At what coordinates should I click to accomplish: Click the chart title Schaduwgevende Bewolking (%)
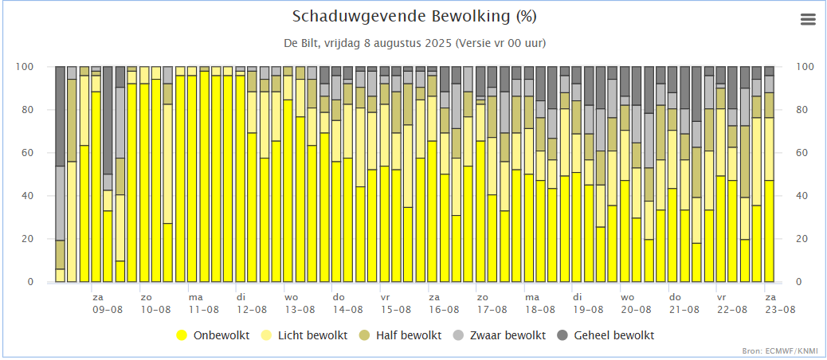pyautogui.click(x=414, y=17)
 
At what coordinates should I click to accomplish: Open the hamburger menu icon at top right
pyautogui.click(x=808, y=20)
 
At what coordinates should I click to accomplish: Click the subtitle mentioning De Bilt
pyautogui.click(x=414, y=42)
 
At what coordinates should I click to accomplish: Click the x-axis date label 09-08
pyautogui.click(x=107, y=309)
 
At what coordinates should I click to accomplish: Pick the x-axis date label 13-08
pyautogui.click(x=300, y=309)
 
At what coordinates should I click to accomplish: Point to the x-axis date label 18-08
pyautogui.click(x=540, y=309)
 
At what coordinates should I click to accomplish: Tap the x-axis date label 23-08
pyautogui.click(x=780, y=309)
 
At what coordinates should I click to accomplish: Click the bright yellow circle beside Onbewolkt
pyautogui.click(x=182, y=335)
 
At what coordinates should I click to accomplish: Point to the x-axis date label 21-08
pyautogui.click(x=684, y=309)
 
